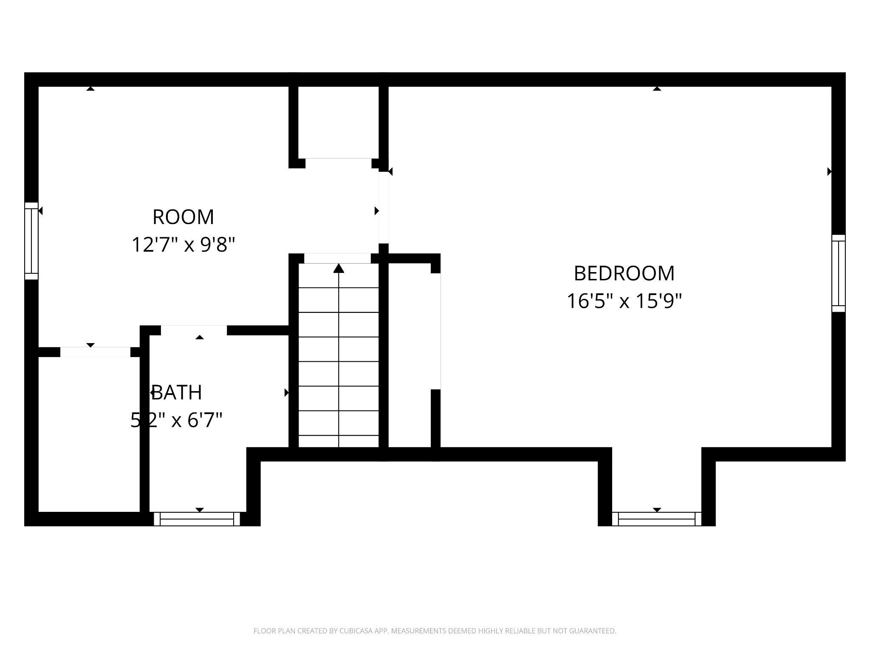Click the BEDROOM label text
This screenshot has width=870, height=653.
click(624, 273)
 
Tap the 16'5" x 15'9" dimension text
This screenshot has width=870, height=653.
click(624, 301)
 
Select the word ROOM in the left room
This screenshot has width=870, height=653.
click(183, 217)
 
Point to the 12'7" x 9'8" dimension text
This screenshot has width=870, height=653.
click(183, 245)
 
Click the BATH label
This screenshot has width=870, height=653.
click(177, 392)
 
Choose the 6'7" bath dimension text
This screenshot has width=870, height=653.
click(201, 420)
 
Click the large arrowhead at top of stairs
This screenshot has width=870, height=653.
click(339, 268)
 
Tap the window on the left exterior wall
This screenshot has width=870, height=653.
click(31, 241)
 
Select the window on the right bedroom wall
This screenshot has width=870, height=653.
click(838, 273)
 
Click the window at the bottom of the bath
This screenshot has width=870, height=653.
click(197, 519)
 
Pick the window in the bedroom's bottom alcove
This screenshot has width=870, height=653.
click(656, 519)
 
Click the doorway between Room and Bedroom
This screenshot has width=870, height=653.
click(384, 207)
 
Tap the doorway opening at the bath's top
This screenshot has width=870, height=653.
click(194, 330)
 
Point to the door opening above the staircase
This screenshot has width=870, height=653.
click(337, 258)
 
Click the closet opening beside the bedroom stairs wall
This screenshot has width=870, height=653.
click(436, 331)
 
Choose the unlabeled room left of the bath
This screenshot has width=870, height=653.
click(89, 434)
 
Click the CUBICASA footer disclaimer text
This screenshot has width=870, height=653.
click(435, 631)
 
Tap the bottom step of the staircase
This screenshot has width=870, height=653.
click(339, 441)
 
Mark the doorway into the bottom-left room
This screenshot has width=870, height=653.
click(95, 352)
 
